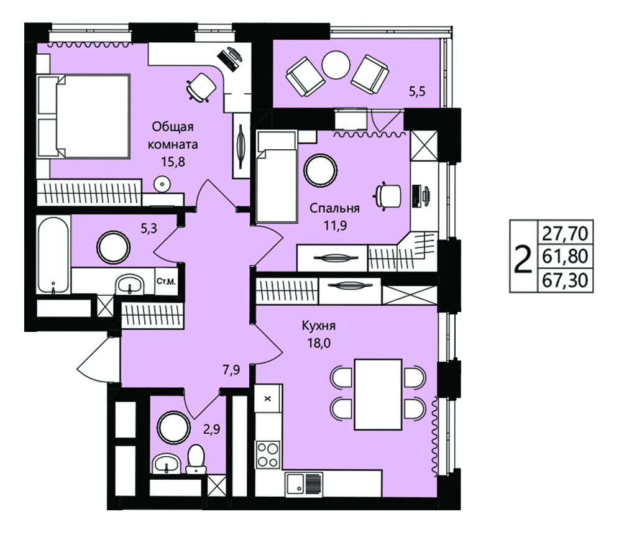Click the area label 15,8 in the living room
(173, 162)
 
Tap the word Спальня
(334, 208)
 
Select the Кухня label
(319, 326)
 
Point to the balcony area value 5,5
(417, 92)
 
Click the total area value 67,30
(565, 281)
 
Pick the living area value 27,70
(565, 233)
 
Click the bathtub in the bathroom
(53, 255)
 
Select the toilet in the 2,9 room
(196, 459)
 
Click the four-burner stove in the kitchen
(268, 455)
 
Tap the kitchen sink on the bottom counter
(304, 484)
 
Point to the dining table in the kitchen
(378, 394)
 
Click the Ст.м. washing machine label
(166, 282)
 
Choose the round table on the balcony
(336, 65)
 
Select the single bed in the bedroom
(277, 177)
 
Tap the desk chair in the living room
(201, 87)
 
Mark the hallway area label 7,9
(231, 370)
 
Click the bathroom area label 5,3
(149, 228)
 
